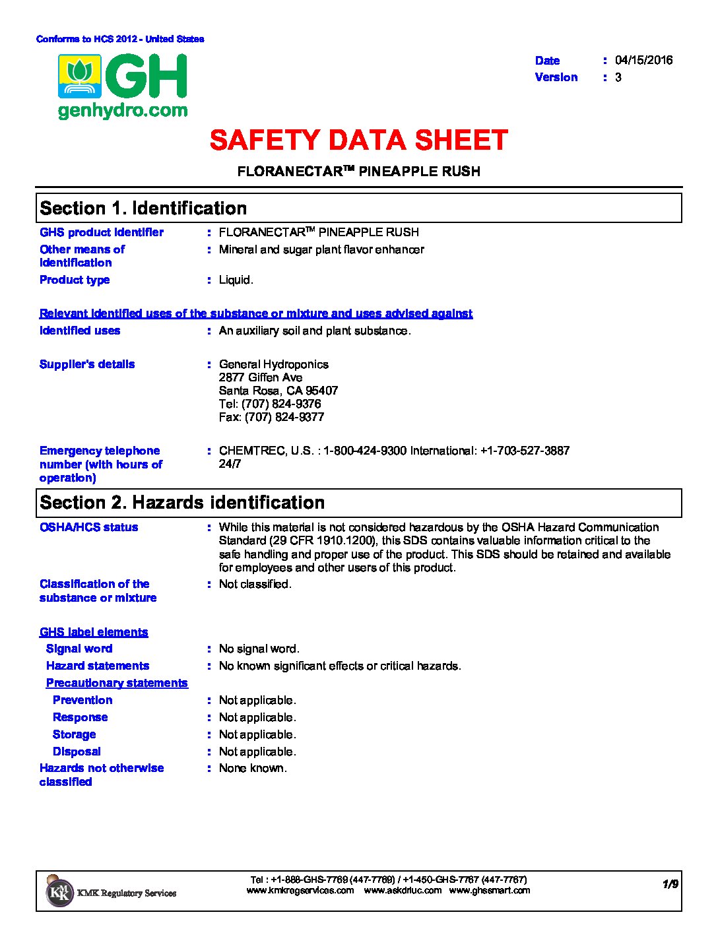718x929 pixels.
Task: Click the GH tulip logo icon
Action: click(x=79, y=77)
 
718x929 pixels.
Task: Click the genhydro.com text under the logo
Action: click(x=123, y=111)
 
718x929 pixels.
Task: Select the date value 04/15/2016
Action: click(x=643, y=60)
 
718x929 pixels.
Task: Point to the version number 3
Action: click(x=618, y=77)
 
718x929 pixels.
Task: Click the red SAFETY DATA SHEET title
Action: click(x=358, y=141)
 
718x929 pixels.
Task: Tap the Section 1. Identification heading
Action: click(x=143, y=208)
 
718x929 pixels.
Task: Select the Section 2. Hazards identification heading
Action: click(x=182, y=503)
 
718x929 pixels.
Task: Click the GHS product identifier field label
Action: click(x=102, y=232)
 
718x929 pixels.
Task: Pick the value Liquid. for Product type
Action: click(x=236, y=280)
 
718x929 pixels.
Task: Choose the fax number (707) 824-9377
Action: click(x=284, y=417)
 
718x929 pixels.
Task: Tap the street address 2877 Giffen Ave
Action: click(x=261, y=377)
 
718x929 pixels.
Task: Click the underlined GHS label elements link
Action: click(x=94, y=632)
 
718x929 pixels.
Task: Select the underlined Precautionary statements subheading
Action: click(x=117, y=683)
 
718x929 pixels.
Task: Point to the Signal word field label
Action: click(x=79, y=649)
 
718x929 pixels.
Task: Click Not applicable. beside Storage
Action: click(x=257, y=734)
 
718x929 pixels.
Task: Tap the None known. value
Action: click(x=253, y=768)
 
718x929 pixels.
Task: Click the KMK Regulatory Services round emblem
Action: click(x=59, y=892)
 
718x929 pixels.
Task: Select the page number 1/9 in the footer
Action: click(x=670, y=884)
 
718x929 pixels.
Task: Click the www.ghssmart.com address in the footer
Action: click(x=489, y=890)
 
